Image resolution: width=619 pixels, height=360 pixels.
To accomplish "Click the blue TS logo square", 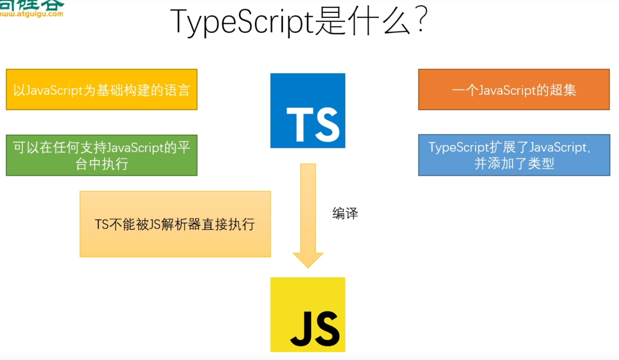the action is coord(308,111).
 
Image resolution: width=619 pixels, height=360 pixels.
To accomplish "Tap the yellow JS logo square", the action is coord(308,314).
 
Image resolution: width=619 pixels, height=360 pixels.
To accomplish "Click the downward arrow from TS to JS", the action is coord(308,212).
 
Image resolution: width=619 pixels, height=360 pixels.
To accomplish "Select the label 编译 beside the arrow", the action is coord(345,213).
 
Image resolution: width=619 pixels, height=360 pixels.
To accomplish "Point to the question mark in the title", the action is coord(421,20).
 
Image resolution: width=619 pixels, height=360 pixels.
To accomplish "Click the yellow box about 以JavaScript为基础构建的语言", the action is coord(102,89).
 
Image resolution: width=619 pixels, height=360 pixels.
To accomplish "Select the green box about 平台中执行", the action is coord(102,155).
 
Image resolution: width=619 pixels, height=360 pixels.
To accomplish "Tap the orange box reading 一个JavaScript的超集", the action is coord(514,89).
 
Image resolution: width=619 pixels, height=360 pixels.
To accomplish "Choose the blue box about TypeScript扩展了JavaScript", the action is coord(514,155).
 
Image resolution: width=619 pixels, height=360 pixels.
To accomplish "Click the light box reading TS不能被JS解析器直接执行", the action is coord(175,224).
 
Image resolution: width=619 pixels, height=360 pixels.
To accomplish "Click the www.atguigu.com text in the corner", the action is coord(32,14).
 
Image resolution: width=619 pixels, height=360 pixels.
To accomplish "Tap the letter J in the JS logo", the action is coord(301,329).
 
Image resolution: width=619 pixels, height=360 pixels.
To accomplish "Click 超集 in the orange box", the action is coord(563,90).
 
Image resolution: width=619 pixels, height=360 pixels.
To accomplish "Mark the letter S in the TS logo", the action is coord(327,124).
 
